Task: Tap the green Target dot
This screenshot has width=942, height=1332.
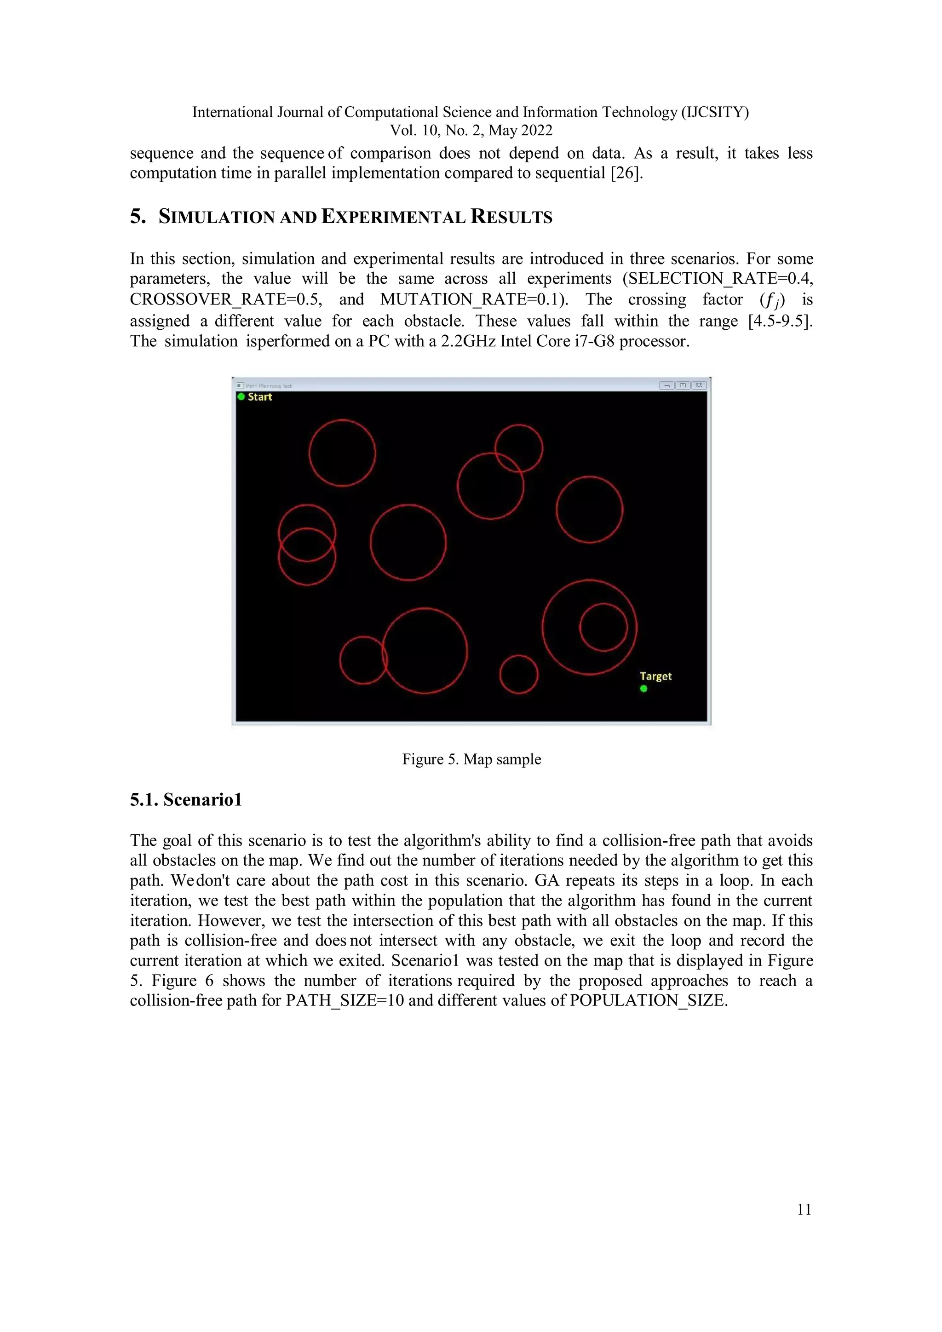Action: (x=643, y=689)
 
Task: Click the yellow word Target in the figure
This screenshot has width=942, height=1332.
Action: (x=655, y=677)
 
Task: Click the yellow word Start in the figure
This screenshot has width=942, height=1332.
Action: (x=260, y=397)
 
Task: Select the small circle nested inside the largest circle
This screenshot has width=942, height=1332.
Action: (x=603, y=627)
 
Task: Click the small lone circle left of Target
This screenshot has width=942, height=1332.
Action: (x=518, y=674)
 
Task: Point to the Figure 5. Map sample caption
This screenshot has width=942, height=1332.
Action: (x=471, y=759)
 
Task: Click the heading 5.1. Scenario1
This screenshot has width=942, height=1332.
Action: (x=186, y=800)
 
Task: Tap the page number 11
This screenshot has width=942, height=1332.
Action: (x=804, y=1210)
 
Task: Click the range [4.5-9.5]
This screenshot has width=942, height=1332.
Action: (x=780, y=321)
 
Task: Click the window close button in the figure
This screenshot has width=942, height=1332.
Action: (x=699, y=385)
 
